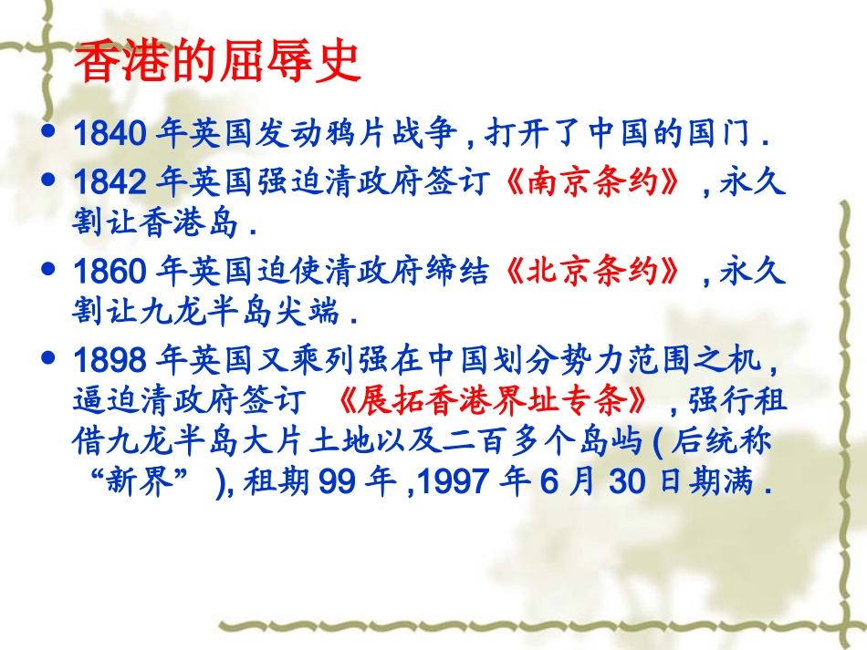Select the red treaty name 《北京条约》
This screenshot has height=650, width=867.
coord(592,272)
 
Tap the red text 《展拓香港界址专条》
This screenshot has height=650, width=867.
coord(492,401)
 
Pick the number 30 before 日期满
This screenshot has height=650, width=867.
coord(626,482)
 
